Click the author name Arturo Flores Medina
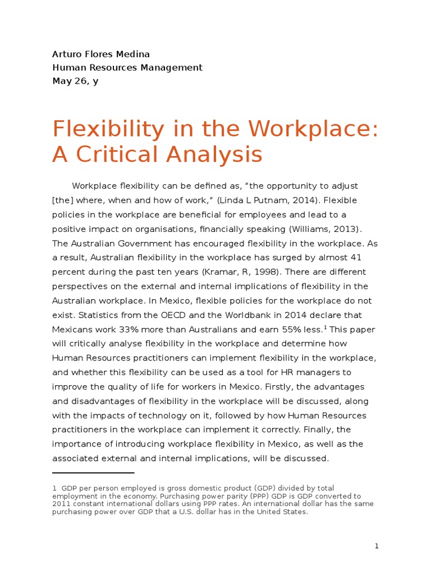(x=101, y=54)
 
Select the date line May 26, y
(x=75, y=81)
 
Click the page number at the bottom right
(x=377, y=546)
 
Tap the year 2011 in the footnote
(x=62, y=504)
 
